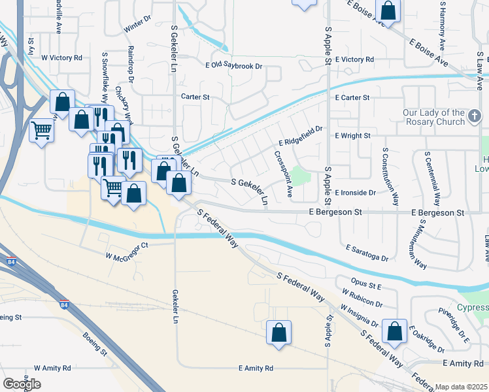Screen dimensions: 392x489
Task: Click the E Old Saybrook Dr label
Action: (x=233, y=66)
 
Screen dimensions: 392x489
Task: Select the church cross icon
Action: (x=475, y=118)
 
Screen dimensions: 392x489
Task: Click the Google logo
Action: (x=22, y=384)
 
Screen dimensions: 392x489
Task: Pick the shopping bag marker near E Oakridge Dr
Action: (x=395, y=331)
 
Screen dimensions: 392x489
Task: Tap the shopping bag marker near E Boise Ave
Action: (x=388, y=11)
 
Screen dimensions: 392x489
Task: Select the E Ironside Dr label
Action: (x=356, y=193)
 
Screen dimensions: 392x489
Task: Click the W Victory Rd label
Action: (x=61, y=57)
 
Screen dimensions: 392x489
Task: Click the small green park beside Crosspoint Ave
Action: (x=299, y=175)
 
